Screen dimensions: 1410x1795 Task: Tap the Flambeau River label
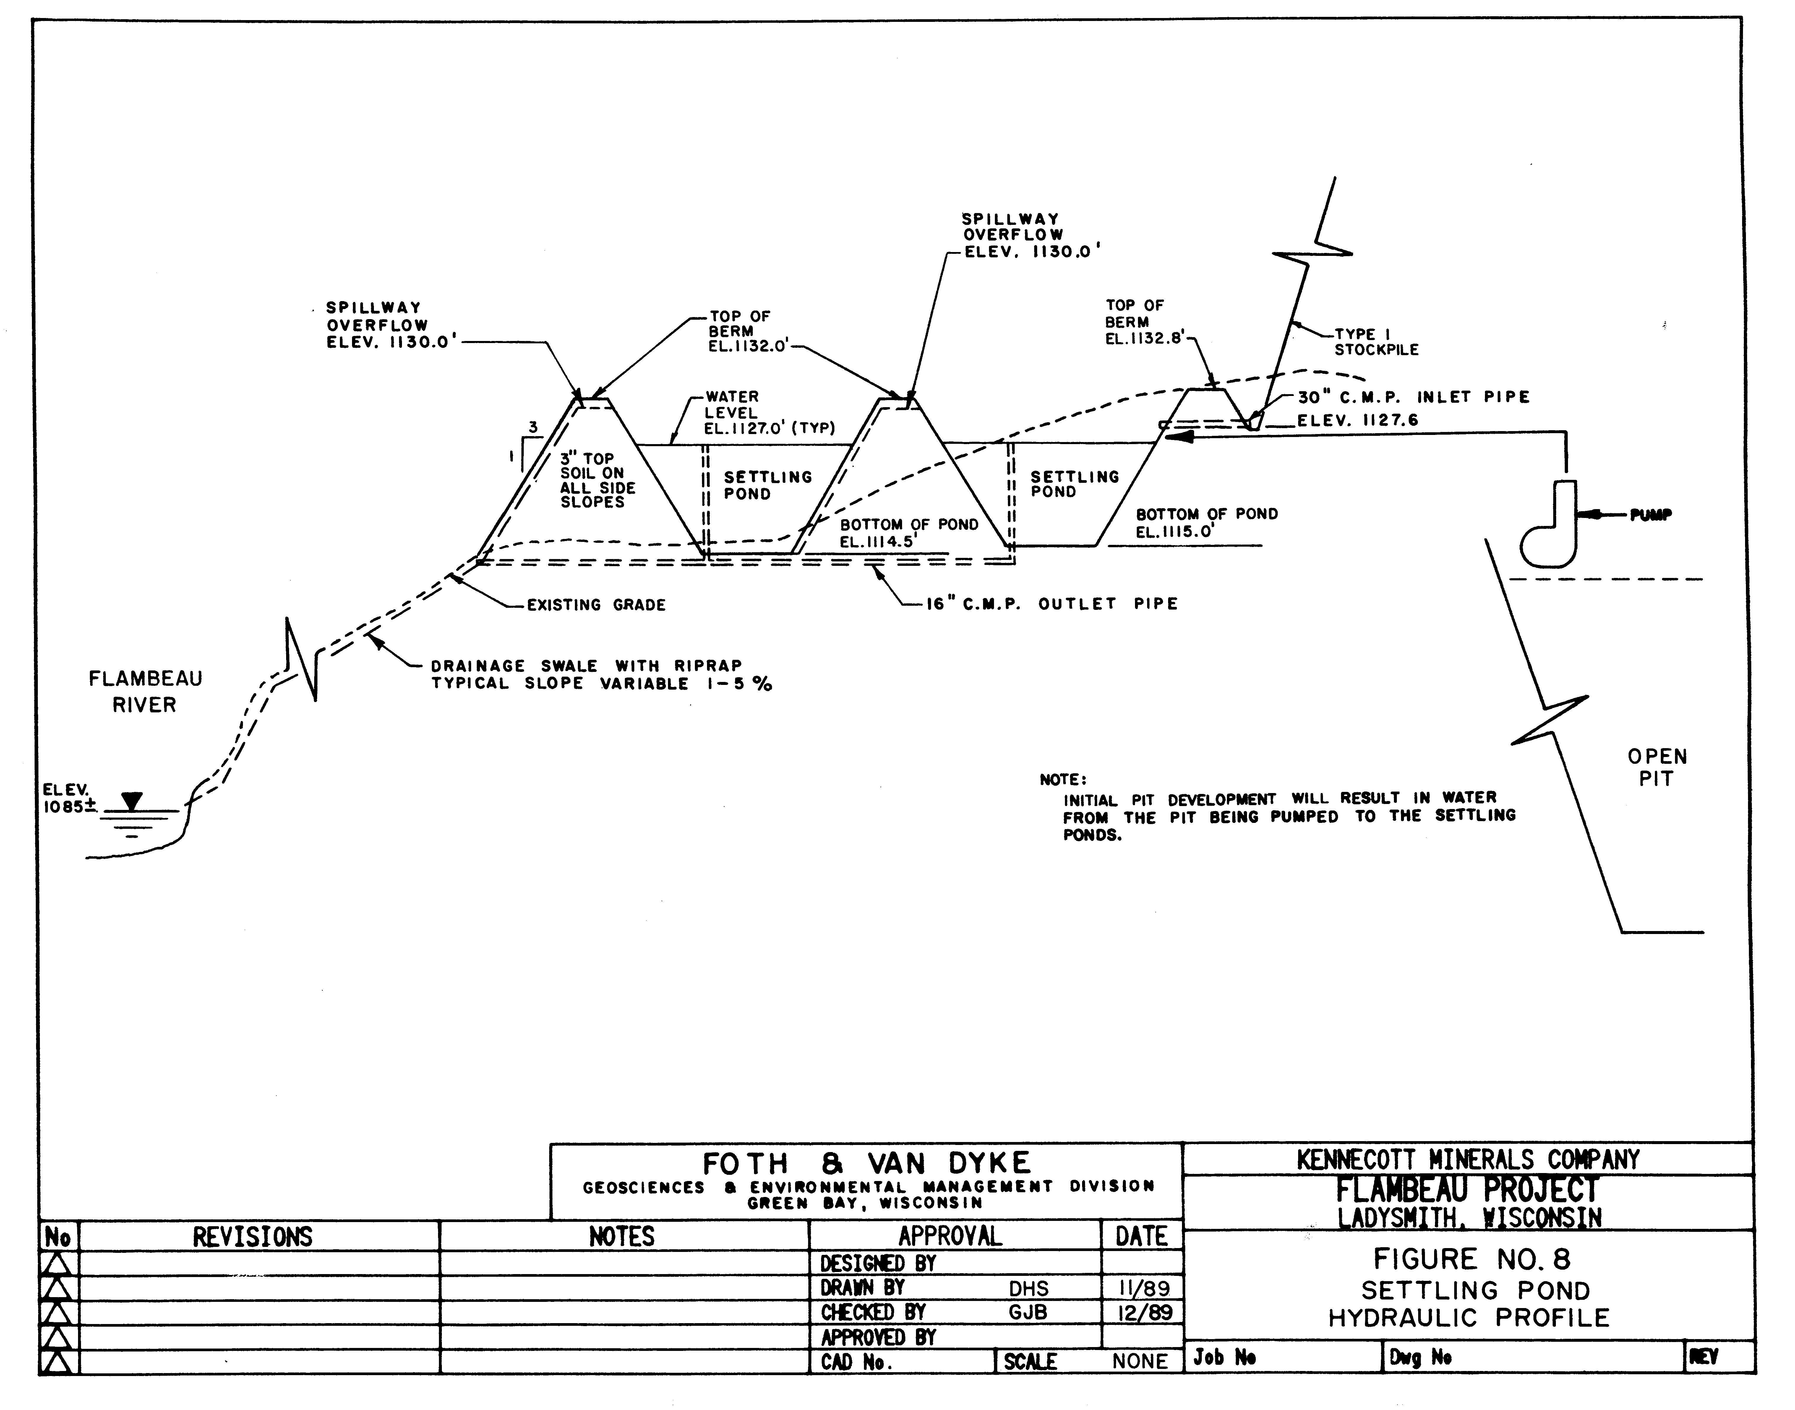point(145,692)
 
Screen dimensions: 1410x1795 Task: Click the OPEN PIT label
point(1656,767)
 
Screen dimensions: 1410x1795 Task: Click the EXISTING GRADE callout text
point(596,605)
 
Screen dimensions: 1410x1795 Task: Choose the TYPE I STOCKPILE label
point(1376,342)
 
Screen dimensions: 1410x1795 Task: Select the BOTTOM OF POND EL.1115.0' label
point(1206,523)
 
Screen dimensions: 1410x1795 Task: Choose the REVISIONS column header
point(253,1237)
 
